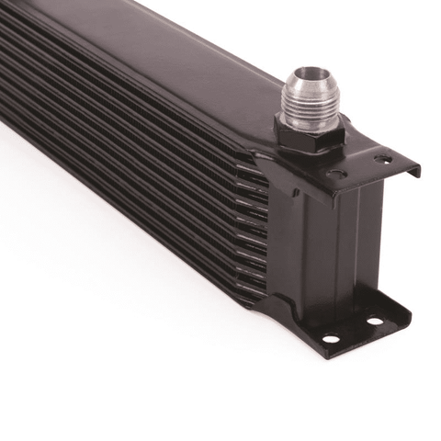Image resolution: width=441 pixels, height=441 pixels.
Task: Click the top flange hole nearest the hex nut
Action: (x=336, y=173)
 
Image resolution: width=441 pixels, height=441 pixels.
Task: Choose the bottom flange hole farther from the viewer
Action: (x=374, y=322)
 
